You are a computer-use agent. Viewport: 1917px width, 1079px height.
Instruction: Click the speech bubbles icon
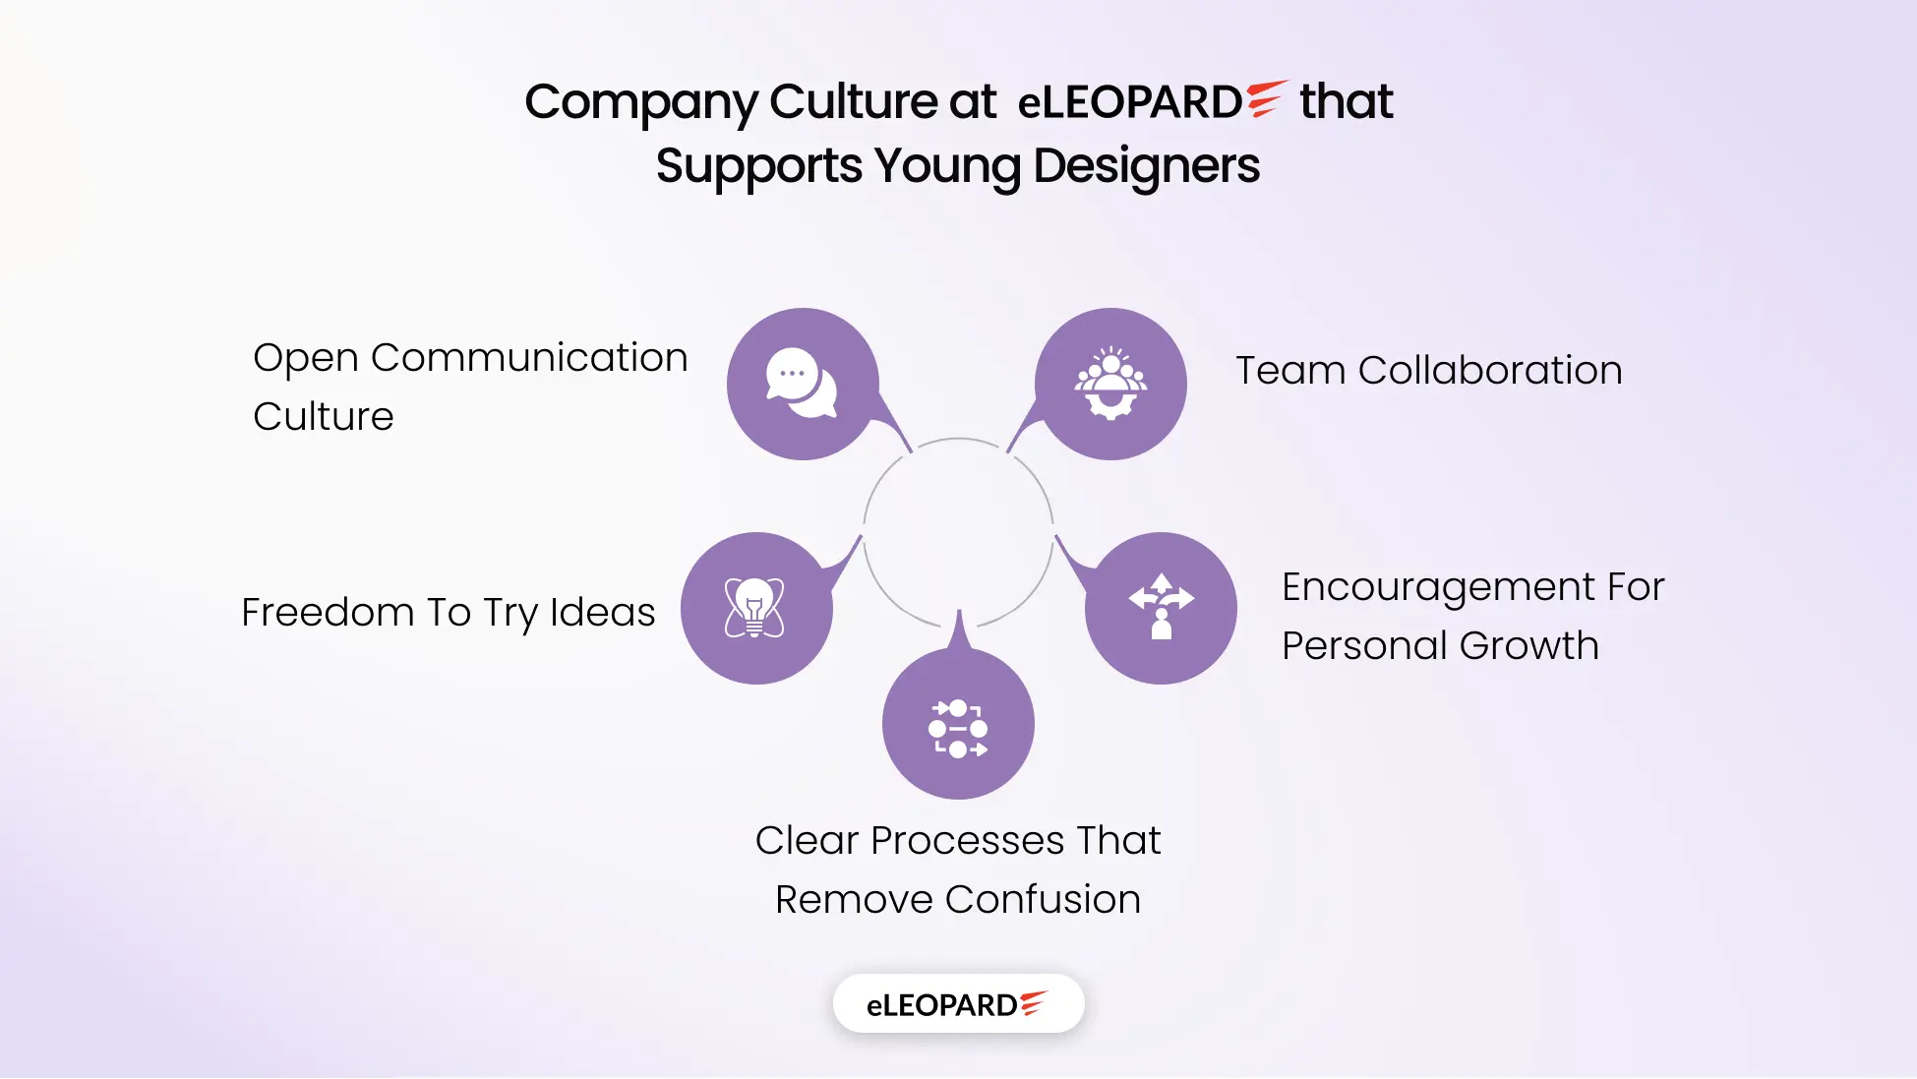[x=802, y=383]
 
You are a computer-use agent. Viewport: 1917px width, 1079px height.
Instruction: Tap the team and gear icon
[x=1110, y=384]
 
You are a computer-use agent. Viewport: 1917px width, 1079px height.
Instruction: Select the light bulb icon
[x=754, y=608]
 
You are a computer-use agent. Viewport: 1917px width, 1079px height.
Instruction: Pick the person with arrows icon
[x=1162, y=606]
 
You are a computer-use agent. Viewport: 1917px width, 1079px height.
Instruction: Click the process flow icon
[x=958, y=729]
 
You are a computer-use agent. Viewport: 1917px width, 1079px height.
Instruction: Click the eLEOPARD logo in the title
[x=1152, y=101]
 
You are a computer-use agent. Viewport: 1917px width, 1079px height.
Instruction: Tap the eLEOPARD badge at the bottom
[x=958, y=1004]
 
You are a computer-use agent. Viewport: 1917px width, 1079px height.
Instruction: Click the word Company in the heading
[x=640, y=103]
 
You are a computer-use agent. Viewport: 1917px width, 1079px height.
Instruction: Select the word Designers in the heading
[x=1146, y=166]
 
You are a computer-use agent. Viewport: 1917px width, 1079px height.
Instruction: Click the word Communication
[x=529, y=357]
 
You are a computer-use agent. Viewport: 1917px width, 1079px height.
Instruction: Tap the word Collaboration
[x=1490, y=370]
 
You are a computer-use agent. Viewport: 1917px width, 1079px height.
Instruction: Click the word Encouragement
[x=1439, y=588]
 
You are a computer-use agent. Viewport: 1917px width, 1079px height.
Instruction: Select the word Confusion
[x=1043, y=899]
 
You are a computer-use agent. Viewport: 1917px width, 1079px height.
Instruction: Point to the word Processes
[x=968, y=840]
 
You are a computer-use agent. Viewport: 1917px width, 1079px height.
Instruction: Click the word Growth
[x=1529, y=647]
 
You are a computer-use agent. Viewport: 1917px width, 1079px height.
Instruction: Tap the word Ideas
[x=602, y=612]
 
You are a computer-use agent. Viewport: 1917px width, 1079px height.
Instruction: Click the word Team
[x=1290, y=370]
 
